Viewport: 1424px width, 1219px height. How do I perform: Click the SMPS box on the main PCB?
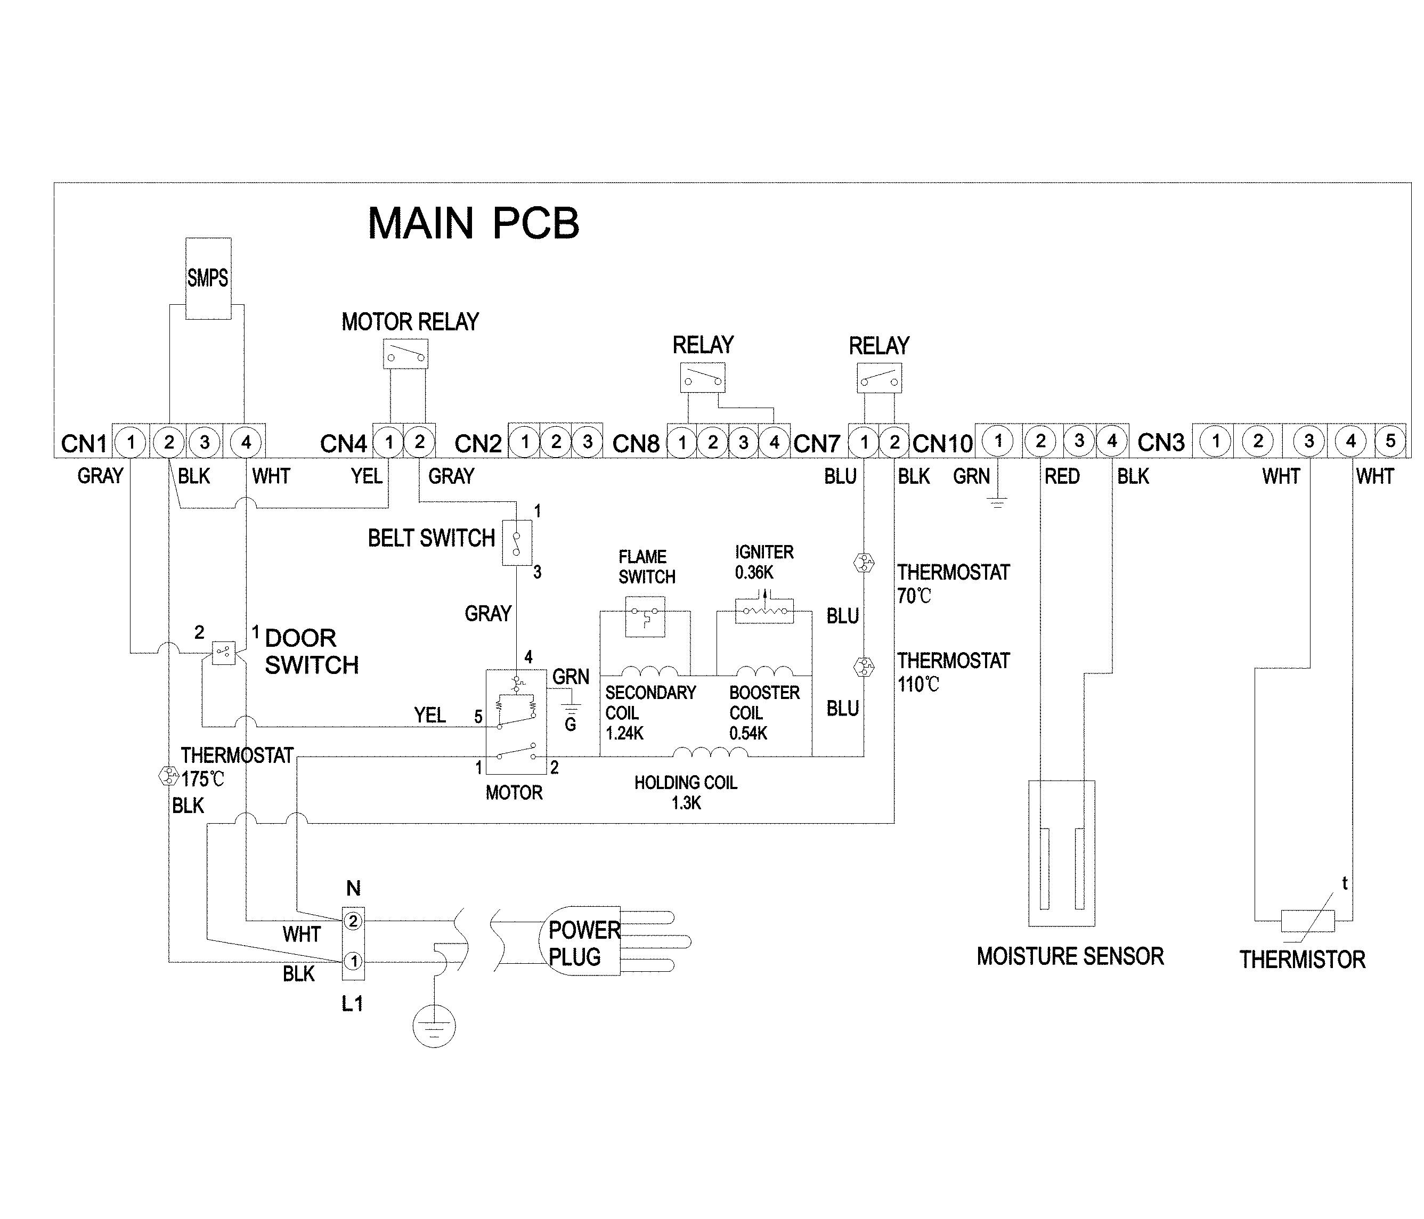tap(208, 278)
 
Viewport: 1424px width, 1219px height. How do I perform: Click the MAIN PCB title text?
tap(473, 223)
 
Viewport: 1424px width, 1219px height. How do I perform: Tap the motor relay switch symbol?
tap(405, 355)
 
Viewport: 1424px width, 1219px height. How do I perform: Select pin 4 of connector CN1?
tap(246, 442)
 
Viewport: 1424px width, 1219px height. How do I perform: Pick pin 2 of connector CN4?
tap(420, 442)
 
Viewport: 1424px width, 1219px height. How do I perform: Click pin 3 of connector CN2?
tap(587, 441)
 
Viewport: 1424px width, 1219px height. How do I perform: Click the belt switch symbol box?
tap(517, 543)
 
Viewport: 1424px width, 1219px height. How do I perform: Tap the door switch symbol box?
tap(223, 652)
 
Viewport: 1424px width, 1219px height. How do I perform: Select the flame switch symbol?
tap(645, 616)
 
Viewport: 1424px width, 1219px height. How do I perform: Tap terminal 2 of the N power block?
tap(353, 921)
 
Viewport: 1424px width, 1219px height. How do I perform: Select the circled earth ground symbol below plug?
tap(434, 1026)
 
